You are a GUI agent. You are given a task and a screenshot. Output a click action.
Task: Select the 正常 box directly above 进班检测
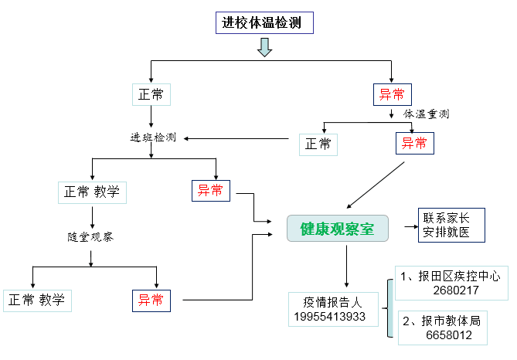(151, 94)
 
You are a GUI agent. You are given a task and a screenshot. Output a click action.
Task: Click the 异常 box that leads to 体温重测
(392, 95)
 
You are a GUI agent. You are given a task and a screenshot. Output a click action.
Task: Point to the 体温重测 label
(426, 114)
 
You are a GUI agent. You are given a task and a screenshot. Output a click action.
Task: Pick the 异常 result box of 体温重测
(414, 143)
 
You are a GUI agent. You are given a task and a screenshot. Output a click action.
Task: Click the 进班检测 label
(152, 138)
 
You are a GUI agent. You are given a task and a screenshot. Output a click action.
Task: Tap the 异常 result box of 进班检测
(210, 190)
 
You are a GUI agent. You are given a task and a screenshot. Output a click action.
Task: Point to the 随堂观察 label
(90, 236)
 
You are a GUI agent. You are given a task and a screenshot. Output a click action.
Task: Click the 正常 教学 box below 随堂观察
(38, 300)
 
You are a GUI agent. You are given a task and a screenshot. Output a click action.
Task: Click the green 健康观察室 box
(336, 228)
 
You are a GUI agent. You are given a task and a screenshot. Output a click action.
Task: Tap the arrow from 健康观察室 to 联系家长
(400, 228)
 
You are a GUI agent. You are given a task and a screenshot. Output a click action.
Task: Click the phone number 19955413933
(330, 317)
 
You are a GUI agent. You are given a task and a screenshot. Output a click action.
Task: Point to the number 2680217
(456, 290)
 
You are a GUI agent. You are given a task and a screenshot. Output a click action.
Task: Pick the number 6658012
(448, 335)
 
